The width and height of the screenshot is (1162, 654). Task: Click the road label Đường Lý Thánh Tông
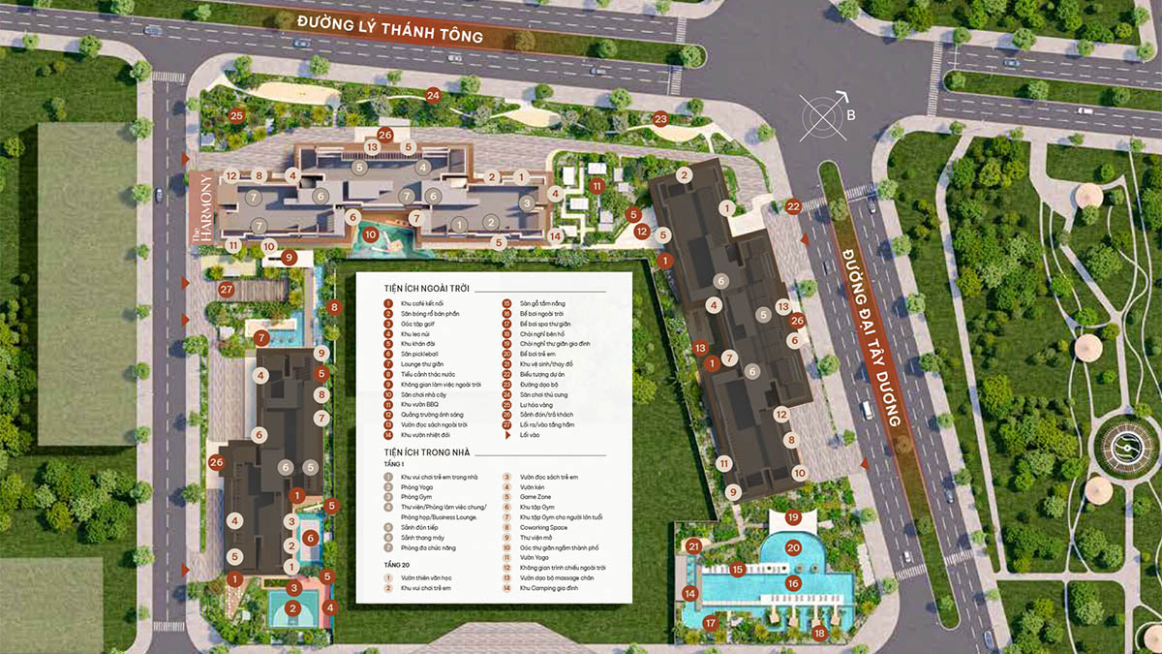390,28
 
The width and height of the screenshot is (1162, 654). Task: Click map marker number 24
433,95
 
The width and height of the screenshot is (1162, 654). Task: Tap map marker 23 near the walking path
660,119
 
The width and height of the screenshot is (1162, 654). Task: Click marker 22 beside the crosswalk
793,205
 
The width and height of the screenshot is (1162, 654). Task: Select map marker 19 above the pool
793,517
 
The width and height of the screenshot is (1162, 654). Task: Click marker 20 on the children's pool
793,547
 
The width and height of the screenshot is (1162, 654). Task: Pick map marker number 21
693,546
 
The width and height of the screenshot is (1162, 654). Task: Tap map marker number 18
819,634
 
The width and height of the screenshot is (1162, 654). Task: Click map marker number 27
227,290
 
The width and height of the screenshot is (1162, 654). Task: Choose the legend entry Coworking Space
543,528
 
